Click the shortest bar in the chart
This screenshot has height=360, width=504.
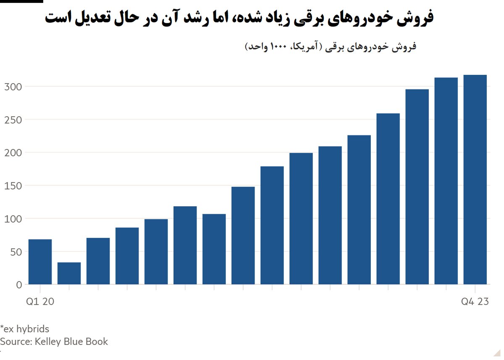coord(69,273)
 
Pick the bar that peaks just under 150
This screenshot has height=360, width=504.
coord(243,236)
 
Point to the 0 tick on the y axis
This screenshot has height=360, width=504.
coord(18,285)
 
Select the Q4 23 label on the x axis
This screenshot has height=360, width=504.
coord(475,302)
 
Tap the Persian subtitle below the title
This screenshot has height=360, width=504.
coord(330,47)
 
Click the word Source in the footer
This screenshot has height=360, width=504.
coord(14,342)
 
